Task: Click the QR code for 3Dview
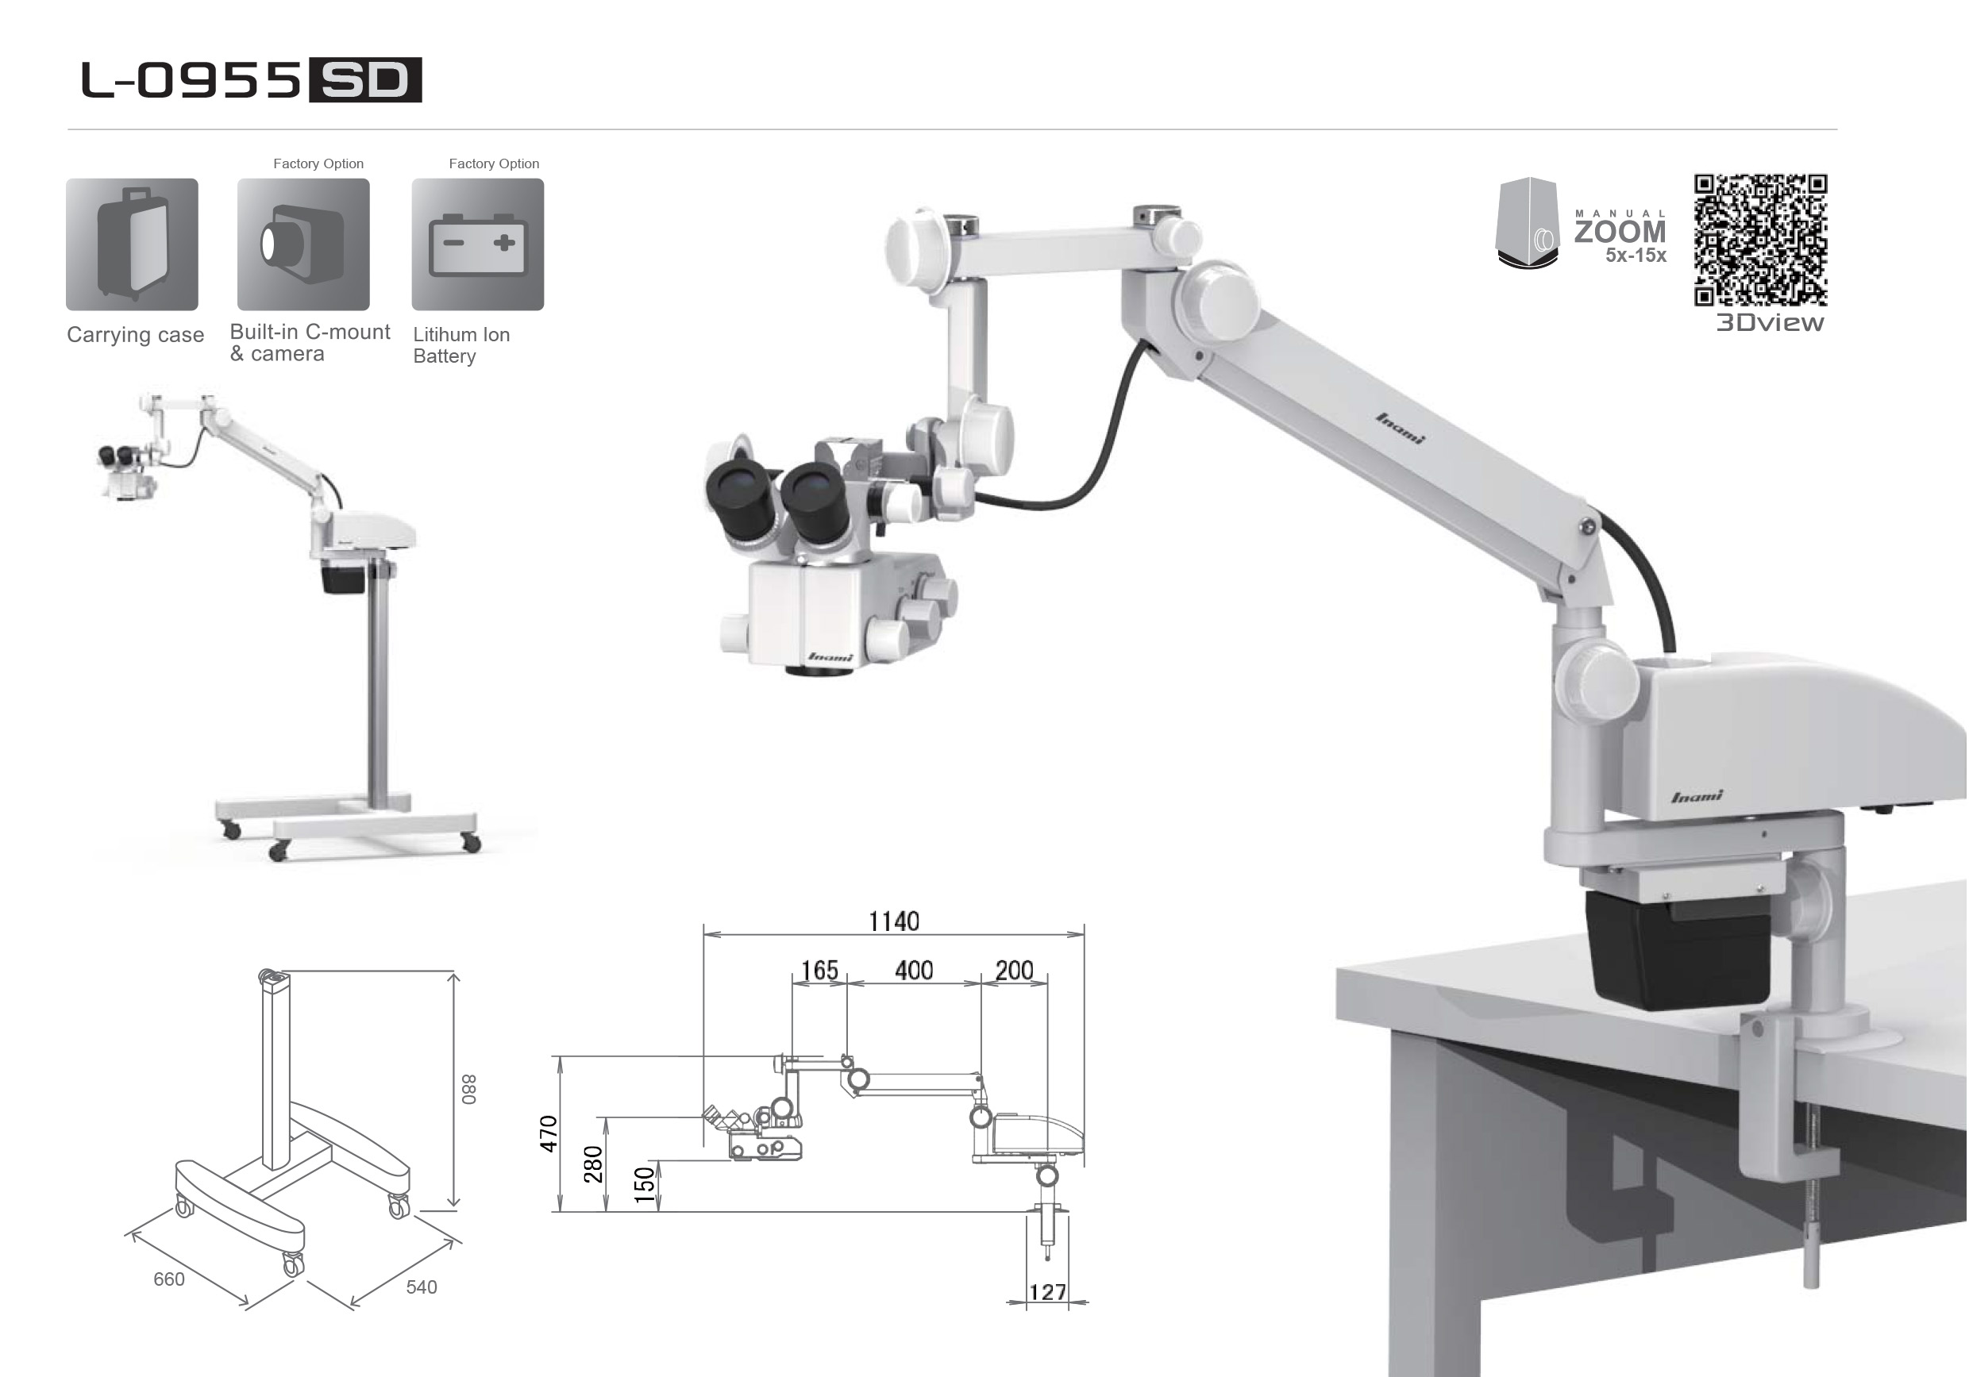[x=1761, y=240]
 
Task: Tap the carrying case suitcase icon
[x=132, y=244]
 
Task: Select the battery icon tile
[x=478, y=244]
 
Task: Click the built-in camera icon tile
[x=303, y=244]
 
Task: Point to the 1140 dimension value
[x=894, y=921]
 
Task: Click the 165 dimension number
[x=820, y=971]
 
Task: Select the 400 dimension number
[x=914, y=971]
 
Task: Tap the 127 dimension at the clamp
[x=1048, y=1292]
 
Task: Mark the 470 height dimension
[x=549, y=1133]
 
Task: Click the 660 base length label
[x=169, y=1279]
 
